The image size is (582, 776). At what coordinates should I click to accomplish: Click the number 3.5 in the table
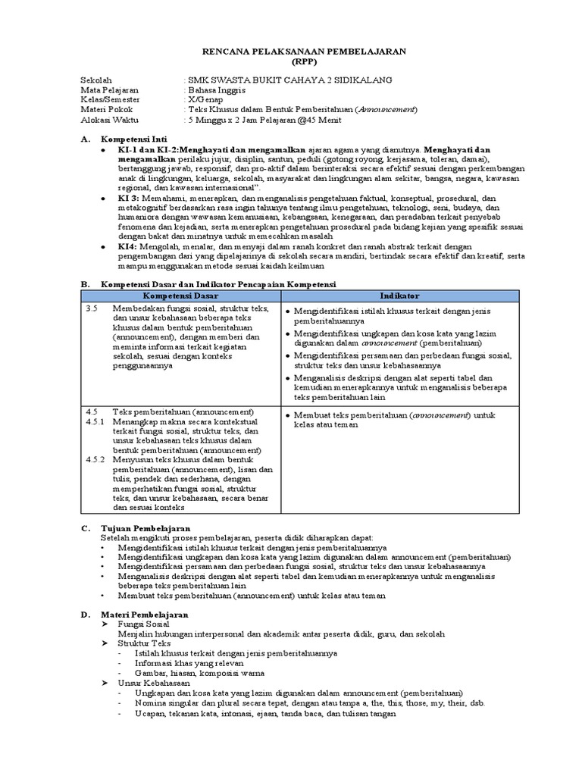(x=92, y=309)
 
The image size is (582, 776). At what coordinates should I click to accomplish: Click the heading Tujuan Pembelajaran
(x=146, y=527)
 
